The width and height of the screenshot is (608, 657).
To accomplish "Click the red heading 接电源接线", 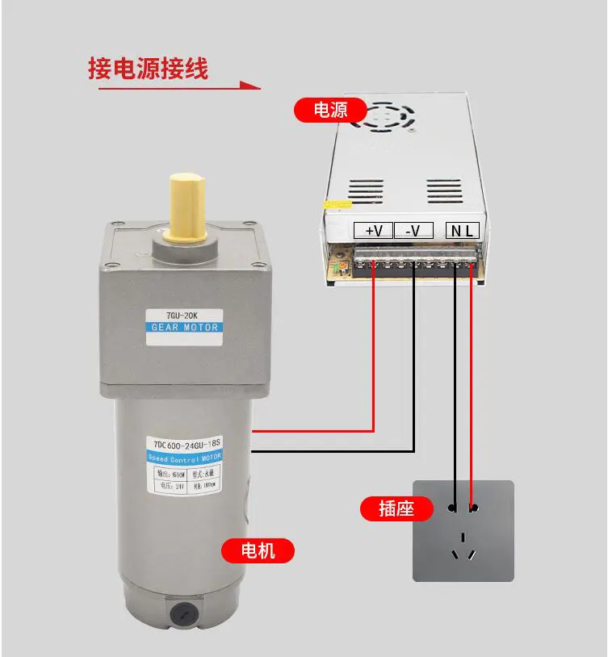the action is (x=148, y=69).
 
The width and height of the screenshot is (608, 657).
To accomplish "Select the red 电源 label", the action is (x=329, y=109).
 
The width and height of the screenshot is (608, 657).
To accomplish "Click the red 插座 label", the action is (x=396, y=508).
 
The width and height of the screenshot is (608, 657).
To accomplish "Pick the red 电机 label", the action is (x=258, y=550).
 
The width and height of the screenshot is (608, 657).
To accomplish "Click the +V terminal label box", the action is (x=373, y=230).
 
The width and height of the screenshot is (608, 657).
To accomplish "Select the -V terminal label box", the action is (x=413, y=230).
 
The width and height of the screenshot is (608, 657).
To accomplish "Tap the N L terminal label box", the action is (x=463, y=230).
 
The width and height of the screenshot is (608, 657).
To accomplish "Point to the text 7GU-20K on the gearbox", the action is (x=183, y=314).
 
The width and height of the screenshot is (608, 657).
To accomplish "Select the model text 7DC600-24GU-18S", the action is (x=185, y=443).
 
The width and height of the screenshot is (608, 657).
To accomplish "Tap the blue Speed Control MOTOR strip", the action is (x=185, y=457).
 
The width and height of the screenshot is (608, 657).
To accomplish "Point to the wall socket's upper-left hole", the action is (x=453, y=508).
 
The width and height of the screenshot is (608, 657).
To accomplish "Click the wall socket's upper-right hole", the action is (x=473, y=508).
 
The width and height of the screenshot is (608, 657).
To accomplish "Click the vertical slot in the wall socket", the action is (x=463, y=536).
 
